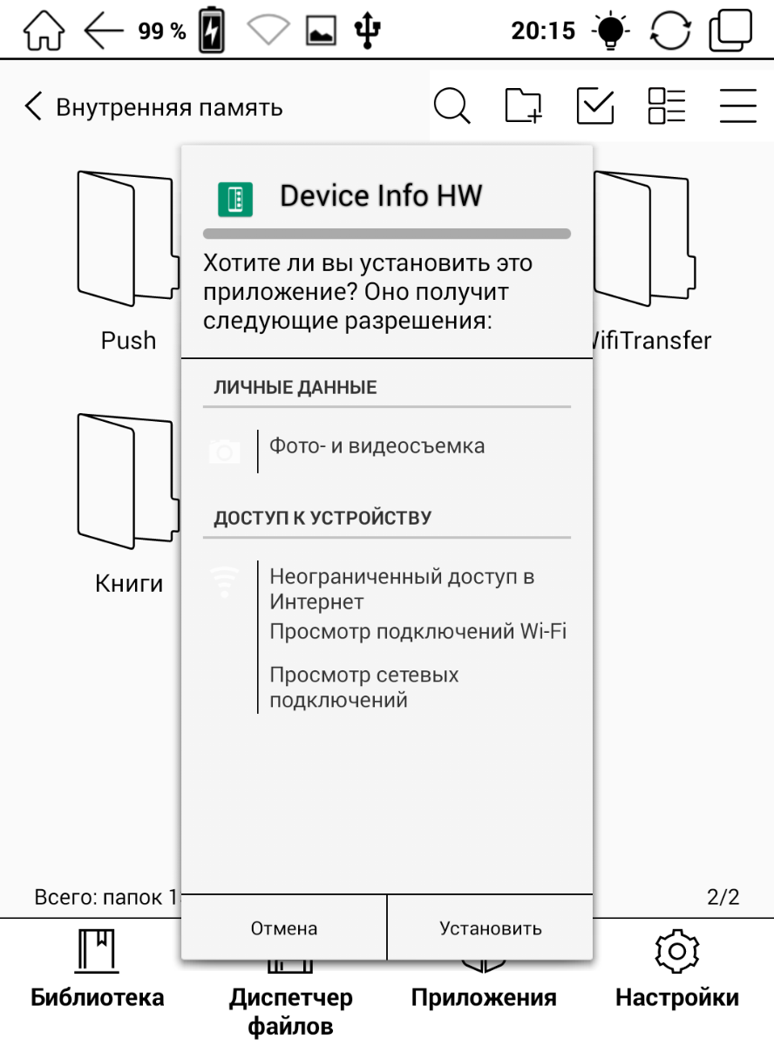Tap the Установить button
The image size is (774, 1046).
click(490, 928)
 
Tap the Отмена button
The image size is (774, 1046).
click(284, 928)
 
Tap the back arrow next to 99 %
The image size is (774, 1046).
click(104, 31)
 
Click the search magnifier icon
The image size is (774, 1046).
click(451, 107)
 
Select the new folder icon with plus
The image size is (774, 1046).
click(524, 107)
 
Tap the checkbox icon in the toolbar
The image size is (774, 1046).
click(595, 107)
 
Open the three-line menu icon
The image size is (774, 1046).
click(737, 107)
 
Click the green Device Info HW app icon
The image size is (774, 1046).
click(234, 199)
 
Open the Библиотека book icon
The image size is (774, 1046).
click(96, 950)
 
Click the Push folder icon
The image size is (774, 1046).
click(128, 237)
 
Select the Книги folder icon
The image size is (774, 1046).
click(128, 480)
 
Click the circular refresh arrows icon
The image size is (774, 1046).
click(669, 31)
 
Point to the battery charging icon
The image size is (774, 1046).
click(212, 31)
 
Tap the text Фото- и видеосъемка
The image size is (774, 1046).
click(377, 446)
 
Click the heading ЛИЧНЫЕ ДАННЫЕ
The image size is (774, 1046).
click(295, 388)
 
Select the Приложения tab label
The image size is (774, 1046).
click(483, 997)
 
